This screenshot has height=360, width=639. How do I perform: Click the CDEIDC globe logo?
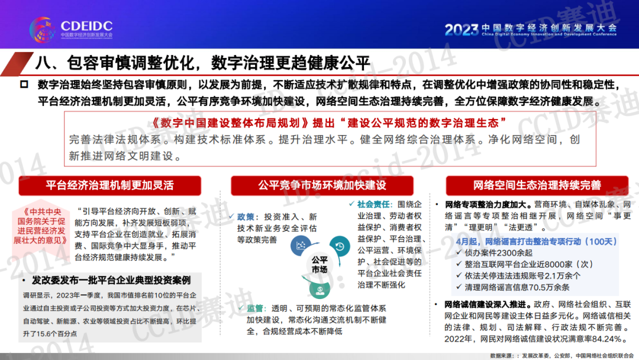[43, 29]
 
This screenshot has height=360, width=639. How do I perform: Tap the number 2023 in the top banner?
[461, 30]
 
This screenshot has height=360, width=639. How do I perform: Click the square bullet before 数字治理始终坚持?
[24, 85]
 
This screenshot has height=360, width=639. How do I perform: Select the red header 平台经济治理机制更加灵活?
[109, 185]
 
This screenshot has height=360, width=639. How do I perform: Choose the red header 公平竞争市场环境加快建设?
[322, 185]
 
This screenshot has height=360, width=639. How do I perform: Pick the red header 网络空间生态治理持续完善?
[537, 185]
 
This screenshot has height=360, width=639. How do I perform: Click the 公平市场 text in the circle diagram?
[319, 265]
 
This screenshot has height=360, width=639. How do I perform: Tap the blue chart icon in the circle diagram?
[301, 246]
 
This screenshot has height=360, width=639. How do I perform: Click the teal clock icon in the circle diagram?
[340, 246]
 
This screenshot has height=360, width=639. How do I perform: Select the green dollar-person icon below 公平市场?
[320, 290]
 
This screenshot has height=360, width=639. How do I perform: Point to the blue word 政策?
[246, 217]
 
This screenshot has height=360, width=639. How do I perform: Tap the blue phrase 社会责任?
[374, 204]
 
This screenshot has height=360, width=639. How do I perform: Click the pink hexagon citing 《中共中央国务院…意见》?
[40, 226]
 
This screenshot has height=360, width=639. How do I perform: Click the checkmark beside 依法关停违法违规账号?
[459, 275]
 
